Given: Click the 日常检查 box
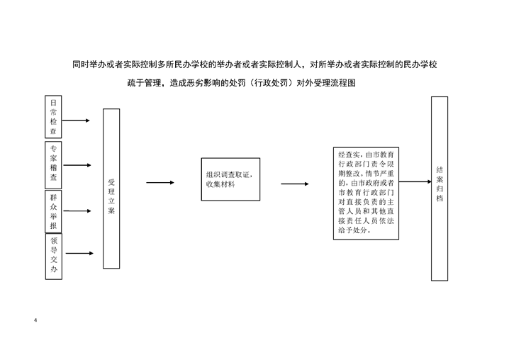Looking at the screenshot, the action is tap(53, 117).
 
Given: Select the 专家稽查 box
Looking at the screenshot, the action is tap(53, 165).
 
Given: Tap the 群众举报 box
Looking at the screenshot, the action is tap(53, 211).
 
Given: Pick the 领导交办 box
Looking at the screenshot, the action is tap(54, 256).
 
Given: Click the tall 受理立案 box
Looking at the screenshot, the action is tap(111, 189).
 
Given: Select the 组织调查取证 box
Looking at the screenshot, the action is tap(230, 179).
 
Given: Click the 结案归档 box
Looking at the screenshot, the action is tap(440, 189).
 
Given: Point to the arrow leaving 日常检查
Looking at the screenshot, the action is tap(76, 120).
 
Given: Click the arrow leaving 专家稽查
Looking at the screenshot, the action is tap(77, 165).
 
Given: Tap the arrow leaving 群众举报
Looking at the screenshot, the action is tap(77, 211).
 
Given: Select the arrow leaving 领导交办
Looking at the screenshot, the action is tap(79, 253).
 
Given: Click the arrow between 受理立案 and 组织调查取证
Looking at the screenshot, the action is tap(160, 182).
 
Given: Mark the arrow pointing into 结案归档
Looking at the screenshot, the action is tap(415, 182).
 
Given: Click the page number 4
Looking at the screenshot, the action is tap(35, 320).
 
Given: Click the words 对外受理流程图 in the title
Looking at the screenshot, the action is tap(326, 83).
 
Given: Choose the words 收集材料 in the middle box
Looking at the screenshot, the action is tap(220, 184).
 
